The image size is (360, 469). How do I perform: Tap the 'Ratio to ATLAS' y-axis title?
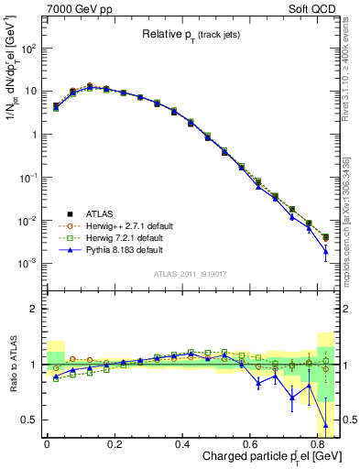(x=12, y=364)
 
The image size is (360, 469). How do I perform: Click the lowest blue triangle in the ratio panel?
(x=326, y=425)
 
